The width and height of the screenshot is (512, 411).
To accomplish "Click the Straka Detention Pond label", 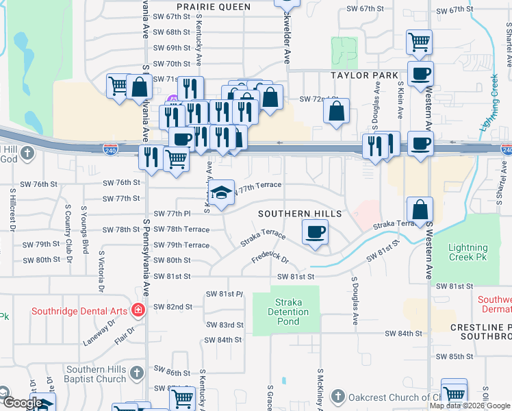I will [287, 312].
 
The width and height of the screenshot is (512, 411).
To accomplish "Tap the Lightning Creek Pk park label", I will [468, 253].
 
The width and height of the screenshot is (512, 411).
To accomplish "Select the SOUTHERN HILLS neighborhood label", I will [299, 214].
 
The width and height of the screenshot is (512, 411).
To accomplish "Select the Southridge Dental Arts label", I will [79, 311].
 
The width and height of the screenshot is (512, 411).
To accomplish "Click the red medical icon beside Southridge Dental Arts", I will [138, 310].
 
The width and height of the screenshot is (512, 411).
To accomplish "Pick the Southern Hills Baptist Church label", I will [96, 374].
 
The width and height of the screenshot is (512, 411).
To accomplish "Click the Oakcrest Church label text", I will [383, 397].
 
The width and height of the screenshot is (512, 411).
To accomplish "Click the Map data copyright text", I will [470, 406].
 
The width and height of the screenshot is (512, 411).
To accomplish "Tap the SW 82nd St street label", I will [172, 307].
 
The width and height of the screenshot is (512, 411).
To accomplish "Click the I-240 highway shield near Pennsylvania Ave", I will [111, 149].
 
